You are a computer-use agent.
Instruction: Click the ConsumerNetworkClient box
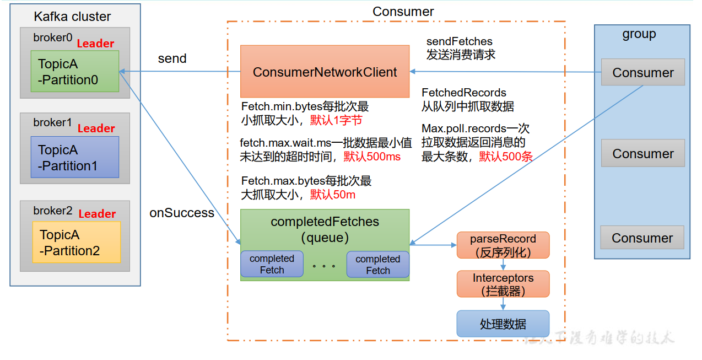[325, 72]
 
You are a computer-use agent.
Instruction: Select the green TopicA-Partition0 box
[74, 72]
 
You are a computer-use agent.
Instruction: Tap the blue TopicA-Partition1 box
[74, 157]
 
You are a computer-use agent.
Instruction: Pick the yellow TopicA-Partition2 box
[76, 243]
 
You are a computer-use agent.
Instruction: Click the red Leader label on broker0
[95, 44]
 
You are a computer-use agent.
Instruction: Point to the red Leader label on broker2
[97, 214]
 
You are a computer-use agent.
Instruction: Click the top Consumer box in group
[642, 73]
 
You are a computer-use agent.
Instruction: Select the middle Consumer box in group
[642, 154]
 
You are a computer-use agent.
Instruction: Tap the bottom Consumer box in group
[642, 238]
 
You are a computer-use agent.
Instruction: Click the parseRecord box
[503, 245]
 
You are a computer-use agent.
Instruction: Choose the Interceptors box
[503, 284]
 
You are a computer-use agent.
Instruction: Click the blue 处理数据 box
[503, 324]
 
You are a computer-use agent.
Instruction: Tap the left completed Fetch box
[272, 265]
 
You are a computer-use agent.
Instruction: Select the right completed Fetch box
[377, 265]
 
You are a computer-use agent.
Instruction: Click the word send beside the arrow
[172, 58]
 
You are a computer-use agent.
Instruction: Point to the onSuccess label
[182, 213]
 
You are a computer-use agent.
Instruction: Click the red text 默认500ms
[372, 157]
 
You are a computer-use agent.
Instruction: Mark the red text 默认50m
[332, 194]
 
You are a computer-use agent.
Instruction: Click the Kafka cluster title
[72, 17]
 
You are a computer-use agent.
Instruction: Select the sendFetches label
[459, 41]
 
